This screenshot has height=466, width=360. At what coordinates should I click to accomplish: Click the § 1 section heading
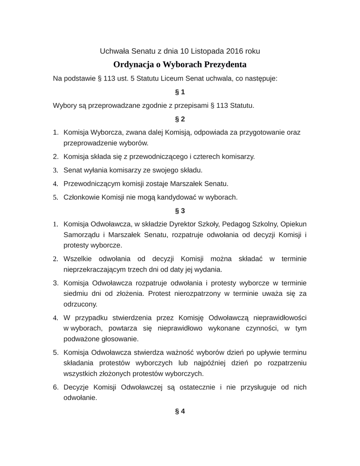pyautogui.click(x=180, y=92)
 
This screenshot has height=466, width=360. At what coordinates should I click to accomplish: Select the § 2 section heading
pyautogui.click(x=180, y=119)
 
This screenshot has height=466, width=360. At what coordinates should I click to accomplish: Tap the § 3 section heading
pyautogui.click(x=180, y=211)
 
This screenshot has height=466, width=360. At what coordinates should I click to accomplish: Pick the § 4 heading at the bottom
pyautogui.click(x=180, y=411)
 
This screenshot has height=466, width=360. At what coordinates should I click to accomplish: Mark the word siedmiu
pyautogui.click(x=75, y=294)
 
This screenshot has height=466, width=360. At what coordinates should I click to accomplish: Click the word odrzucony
pyautogui.click(x=80, y=304)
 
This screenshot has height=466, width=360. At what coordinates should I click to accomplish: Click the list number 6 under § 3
pyautogui.click(x=55, y=387)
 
